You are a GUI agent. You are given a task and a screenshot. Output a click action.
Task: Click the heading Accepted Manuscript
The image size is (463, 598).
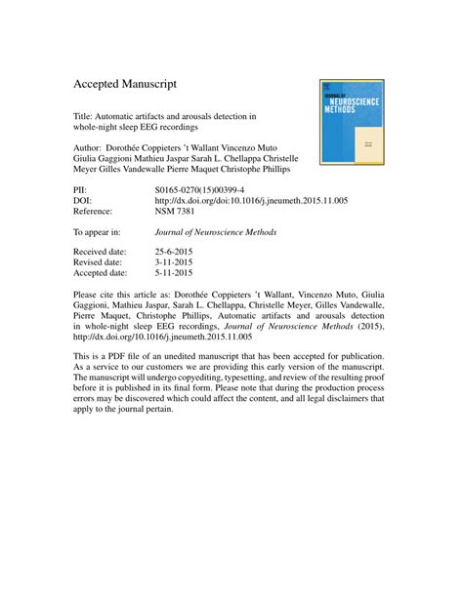pos(125,85)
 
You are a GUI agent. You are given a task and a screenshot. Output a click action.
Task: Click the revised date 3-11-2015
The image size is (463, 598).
pos(177,261)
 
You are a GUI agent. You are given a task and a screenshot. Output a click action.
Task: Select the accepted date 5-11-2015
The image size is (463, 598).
pos(177,272)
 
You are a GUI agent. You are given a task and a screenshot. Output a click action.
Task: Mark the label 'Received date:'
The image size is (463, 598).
pos(103,251)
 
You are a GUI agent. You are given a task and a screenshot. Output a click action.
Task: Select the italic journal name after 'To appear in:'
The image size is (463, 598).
pos(216,232)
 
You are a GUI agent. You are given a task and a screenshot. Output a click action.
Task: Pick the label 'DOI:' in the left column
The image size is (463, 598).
pos(84,200)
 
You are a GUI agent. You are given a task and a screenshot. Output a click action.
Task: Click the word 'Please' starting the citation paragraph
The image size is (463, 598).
pos(87,294)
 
